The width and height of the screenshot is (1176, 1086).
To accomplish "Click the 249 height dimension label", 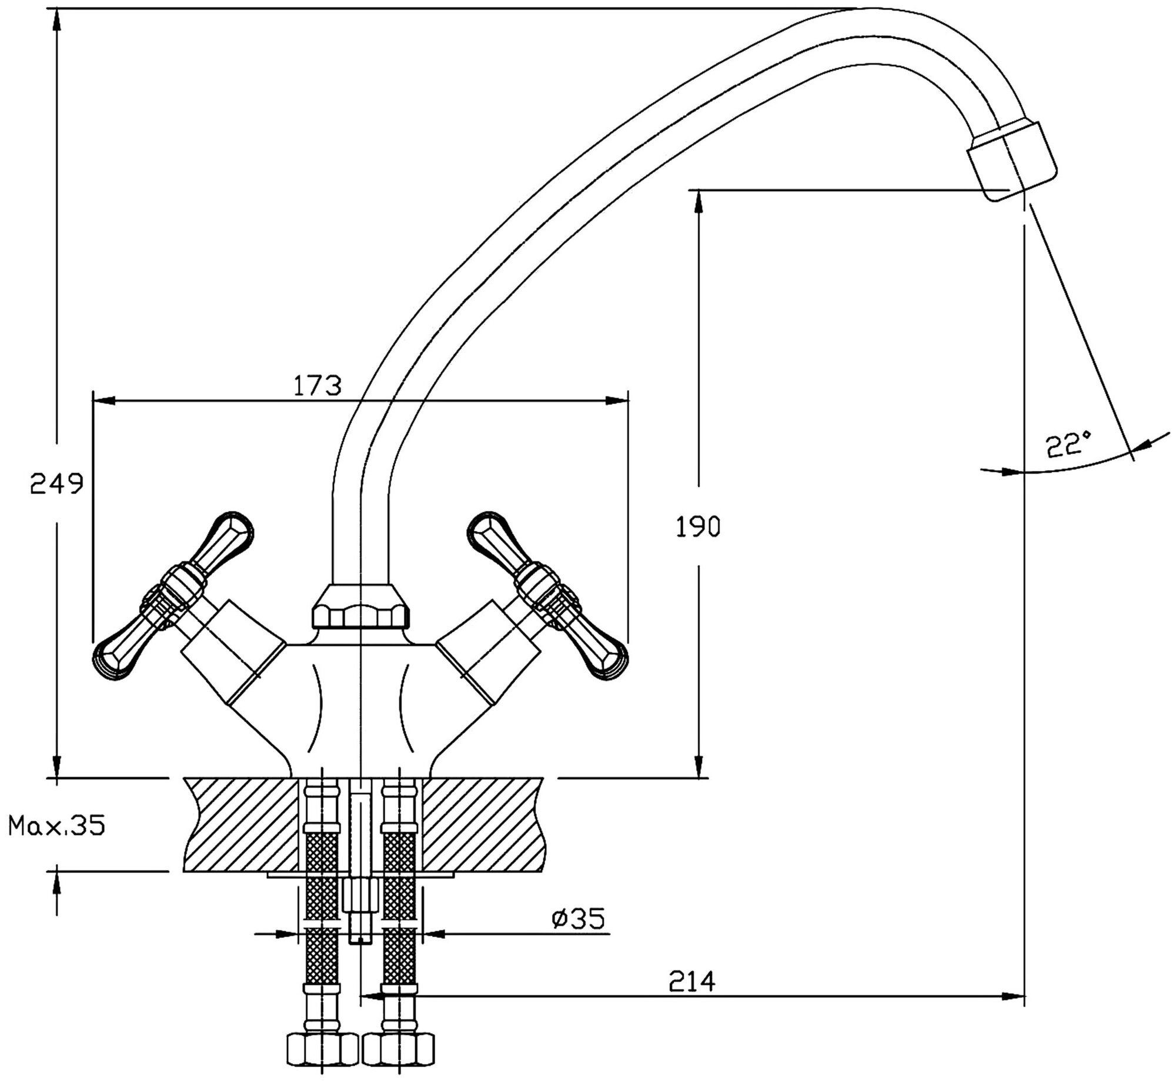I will [57, 484].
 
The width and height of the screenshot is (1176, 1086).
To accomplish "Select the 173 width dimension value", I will [317, 386].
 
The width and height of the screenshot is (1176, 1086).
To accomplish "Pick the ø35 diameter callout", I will [578, 918].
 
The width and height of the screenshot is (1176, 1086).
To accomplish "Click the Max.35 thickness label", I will [56, 826].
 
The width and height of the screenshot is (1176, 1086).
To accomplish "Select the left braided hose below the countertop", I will [322, 918].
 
